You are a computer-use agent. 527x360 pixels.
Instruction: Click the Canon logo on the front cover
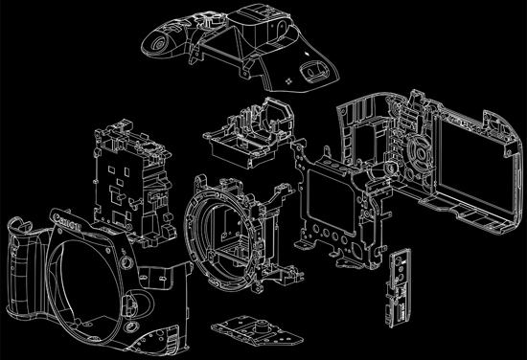pyautogui.click(x=67, y=221)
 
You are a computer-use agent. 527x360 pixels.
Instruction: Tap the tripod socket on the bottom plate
pyautogui.click(x=261, y=325)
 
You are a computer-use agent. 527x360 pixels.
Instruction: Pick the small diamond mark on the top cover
pyautogui.click(x=307, y=53)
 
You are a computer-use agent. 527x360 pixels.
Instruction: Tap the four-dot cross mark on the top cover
pyautogui.click(x=288, y=81)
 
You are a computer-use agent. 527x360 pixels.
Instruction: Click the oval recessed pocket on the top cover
pyautogui.click(x=313, y=71)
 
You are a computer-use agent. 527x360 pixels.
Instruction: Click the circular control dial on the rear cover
pyautogui.click(x=420, y=154)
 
